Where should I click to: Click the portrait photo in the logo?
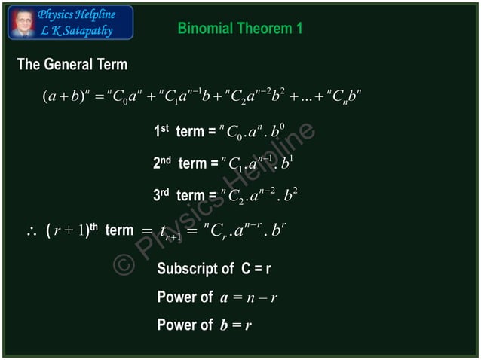tap(22, 22)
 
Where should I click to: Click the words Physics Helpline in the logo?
tap(76, 14)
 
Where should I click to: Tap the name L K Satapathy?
tap(76, 30)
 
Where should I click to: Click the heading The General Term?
tap(72, 65)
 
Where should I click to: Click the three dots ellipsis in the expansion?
tap(316, 99)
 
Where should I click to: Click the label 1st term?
tap(179, 132)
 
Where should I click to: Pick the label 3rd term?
tap(179, 195)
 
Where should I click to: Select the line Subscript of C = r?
tap(213, 270)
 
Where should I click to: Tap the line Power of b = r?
tap(204, 325)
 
